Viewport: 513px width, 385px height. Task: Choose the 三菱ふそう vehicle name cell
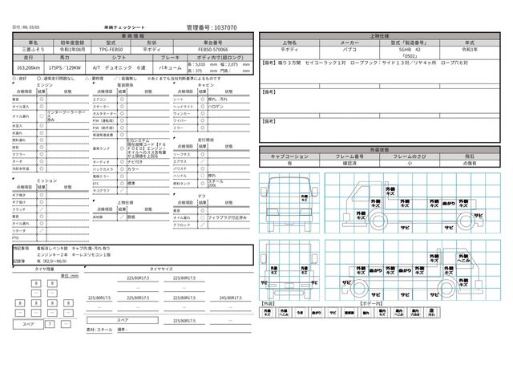tap(32, 49)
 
